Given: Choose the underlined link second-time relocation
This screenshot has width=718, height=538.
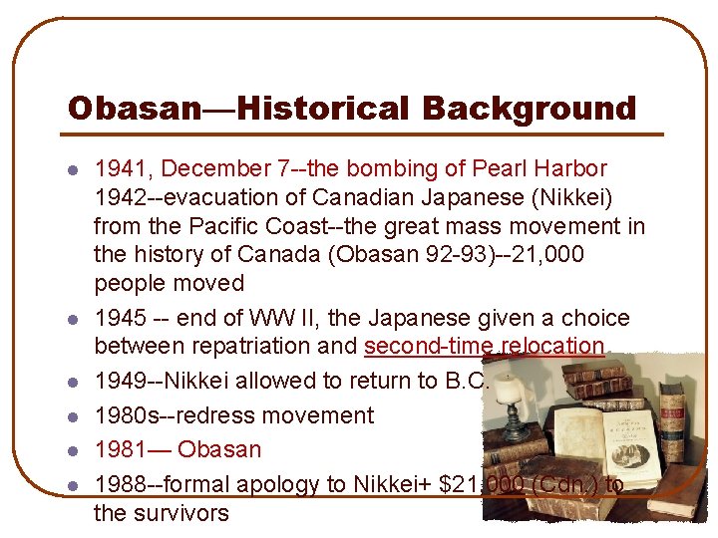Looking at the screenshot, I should click(485, 346).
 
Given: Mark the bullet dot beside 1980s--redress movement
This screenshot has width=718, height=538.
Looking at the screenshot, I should click(73, 416).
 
